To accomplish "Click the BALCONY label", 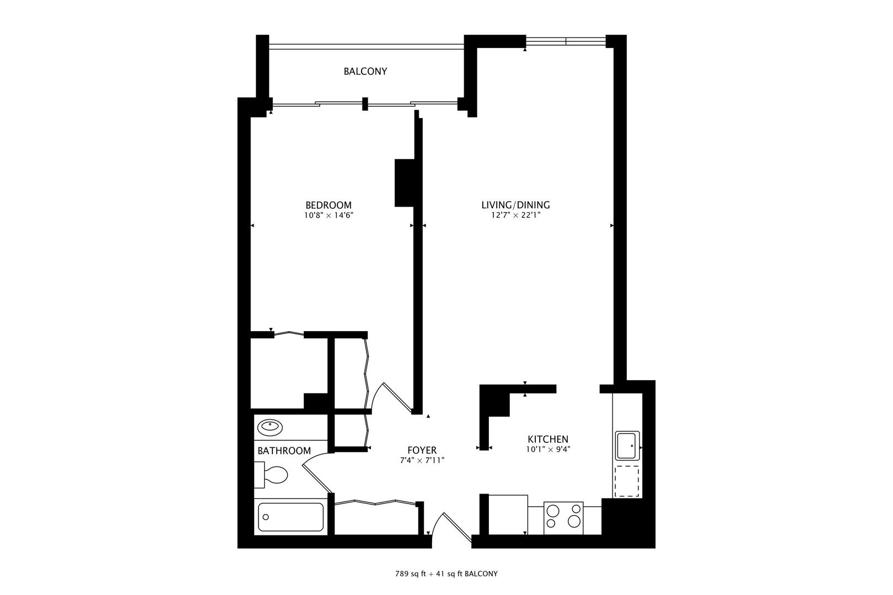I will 365,72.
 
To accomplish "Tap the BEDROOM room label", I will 328,205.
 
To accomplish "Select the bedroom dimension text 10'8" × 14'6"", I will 328,216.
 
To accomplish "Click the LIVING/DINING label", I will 515,205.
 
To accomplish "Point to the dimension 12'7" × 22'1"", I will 515,216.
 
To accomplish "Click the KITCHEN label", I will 548,439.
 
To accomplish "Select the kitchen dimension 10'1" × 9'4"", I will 548,449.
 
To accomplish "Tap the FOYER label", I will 422,450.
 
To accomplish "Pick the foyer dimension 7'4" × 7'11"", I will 422,460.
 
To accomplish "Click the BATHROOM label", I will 284,451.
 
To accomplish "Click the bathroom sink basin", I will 270,426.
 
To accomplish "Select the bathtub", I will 291,517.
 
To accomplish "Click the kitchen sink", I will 627,446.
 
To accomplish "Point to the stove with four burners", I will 563,518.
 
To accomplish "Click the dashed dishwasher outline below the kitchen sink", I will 627,481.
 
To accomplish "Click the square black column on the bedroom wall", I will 404,183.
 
